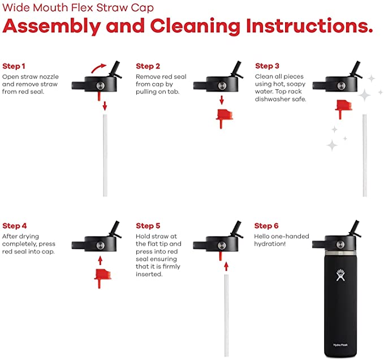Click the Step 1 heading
(x=14, y=66)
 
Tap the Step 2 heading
(x=148, y=66)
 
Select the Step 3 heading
(x=267, y=66)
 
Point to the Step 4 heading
(x=15, y=226)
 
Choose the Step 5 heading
(x=148, y=226)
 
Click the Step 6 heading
(x=266, y=226)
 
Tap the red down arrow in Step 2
(x=222, y=100)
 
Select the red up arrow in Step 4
(x=100, y=260)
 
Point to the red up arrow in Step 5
(x=226, y=267)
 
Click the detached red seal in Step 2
(x=224, y=119)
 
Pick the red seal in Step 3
(x=344, y=109)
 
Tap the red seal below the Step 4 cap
(x=102, y=278)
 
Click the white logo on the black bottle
(x=340, y=275)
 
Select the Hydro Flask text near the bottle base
(x=340, y=345)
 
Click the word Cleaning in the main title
(x=195, y=27)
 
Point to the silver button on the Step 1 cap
(x=100, y=86)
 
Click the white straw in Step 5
(x=227, y=315)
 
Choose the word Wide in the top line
(x=16, y=7)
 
